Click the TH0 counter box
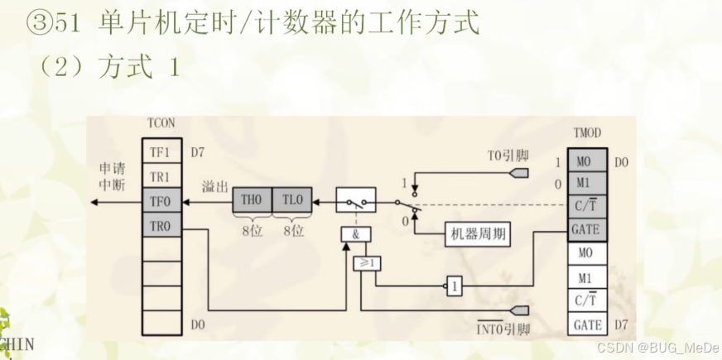tap(252, 200)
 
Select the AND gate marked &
tap(355, 235)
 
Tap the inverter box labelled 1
tap(454, 287)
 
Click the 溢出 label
tap(214, 187)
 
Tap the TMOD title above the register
tap(587, 133)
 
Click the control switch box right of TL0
tap(355, 200)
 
